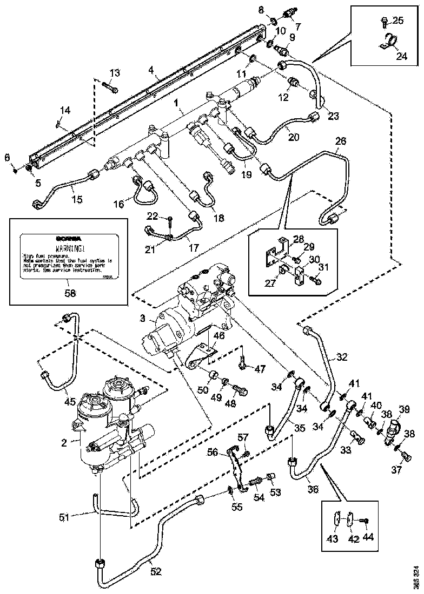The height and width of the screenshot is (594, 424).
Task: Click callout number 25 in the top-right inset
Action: pos(399,21)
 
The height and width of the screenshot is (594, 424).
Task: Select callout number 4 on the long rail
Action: pos(152,70)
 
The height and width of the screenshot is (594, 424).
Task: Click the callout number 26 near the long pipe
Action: pos(340,141)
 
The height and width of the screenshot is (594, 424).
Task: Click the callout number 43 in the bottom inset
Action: pos(334,539)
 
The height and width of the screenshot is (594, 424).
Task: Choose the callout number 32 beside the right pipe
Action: pos(342,356)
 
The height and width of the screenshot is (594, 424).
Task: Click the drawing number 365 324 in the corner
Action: pos(416,577)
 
